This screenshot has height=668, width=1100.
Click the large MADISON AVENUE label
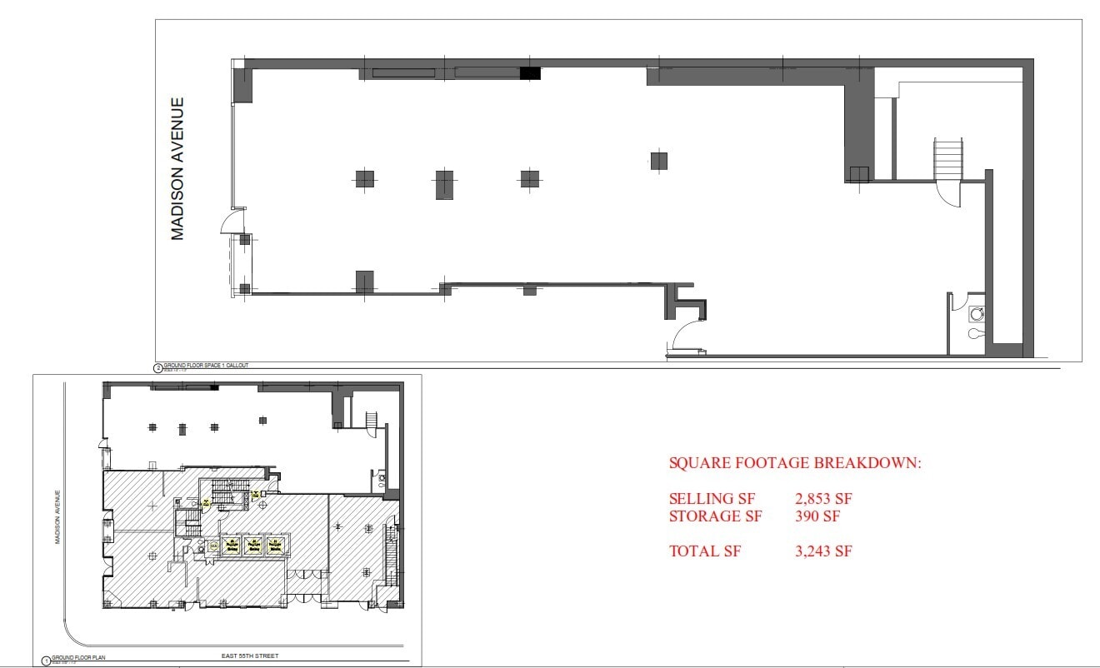pos(177,169)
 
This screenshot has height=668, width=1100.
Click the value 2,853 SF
pos(824,499)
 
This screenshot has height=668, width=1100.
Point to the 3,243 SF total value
pos(824,551)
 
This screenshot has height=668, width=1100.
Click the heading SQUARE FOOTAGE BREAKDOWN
pos(795,464)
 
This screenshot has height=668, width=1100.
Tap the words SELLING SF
pos(712,499)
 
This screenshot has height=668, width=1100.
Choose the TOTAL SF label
pos(704,551)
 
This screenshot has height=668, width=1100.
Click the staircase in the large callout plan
pos(948,158)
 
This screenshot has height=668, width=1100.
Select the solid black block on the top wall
pos(530,73)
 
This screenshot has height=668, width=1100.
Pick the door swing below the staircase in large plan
pos(949,195)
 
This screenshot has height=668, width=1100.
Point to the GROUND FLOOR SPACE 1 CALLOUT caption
pos(206,366)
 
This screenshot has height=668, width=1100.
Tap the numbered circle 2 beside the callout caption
pos(157,366)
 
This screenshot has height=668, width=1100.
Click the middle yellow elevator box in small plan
pos(252,546)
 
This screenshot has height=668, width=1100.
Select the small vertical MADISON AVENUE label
pos(58,516)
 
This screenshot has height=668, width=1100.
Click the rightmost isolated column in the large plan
pos(659,161)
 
